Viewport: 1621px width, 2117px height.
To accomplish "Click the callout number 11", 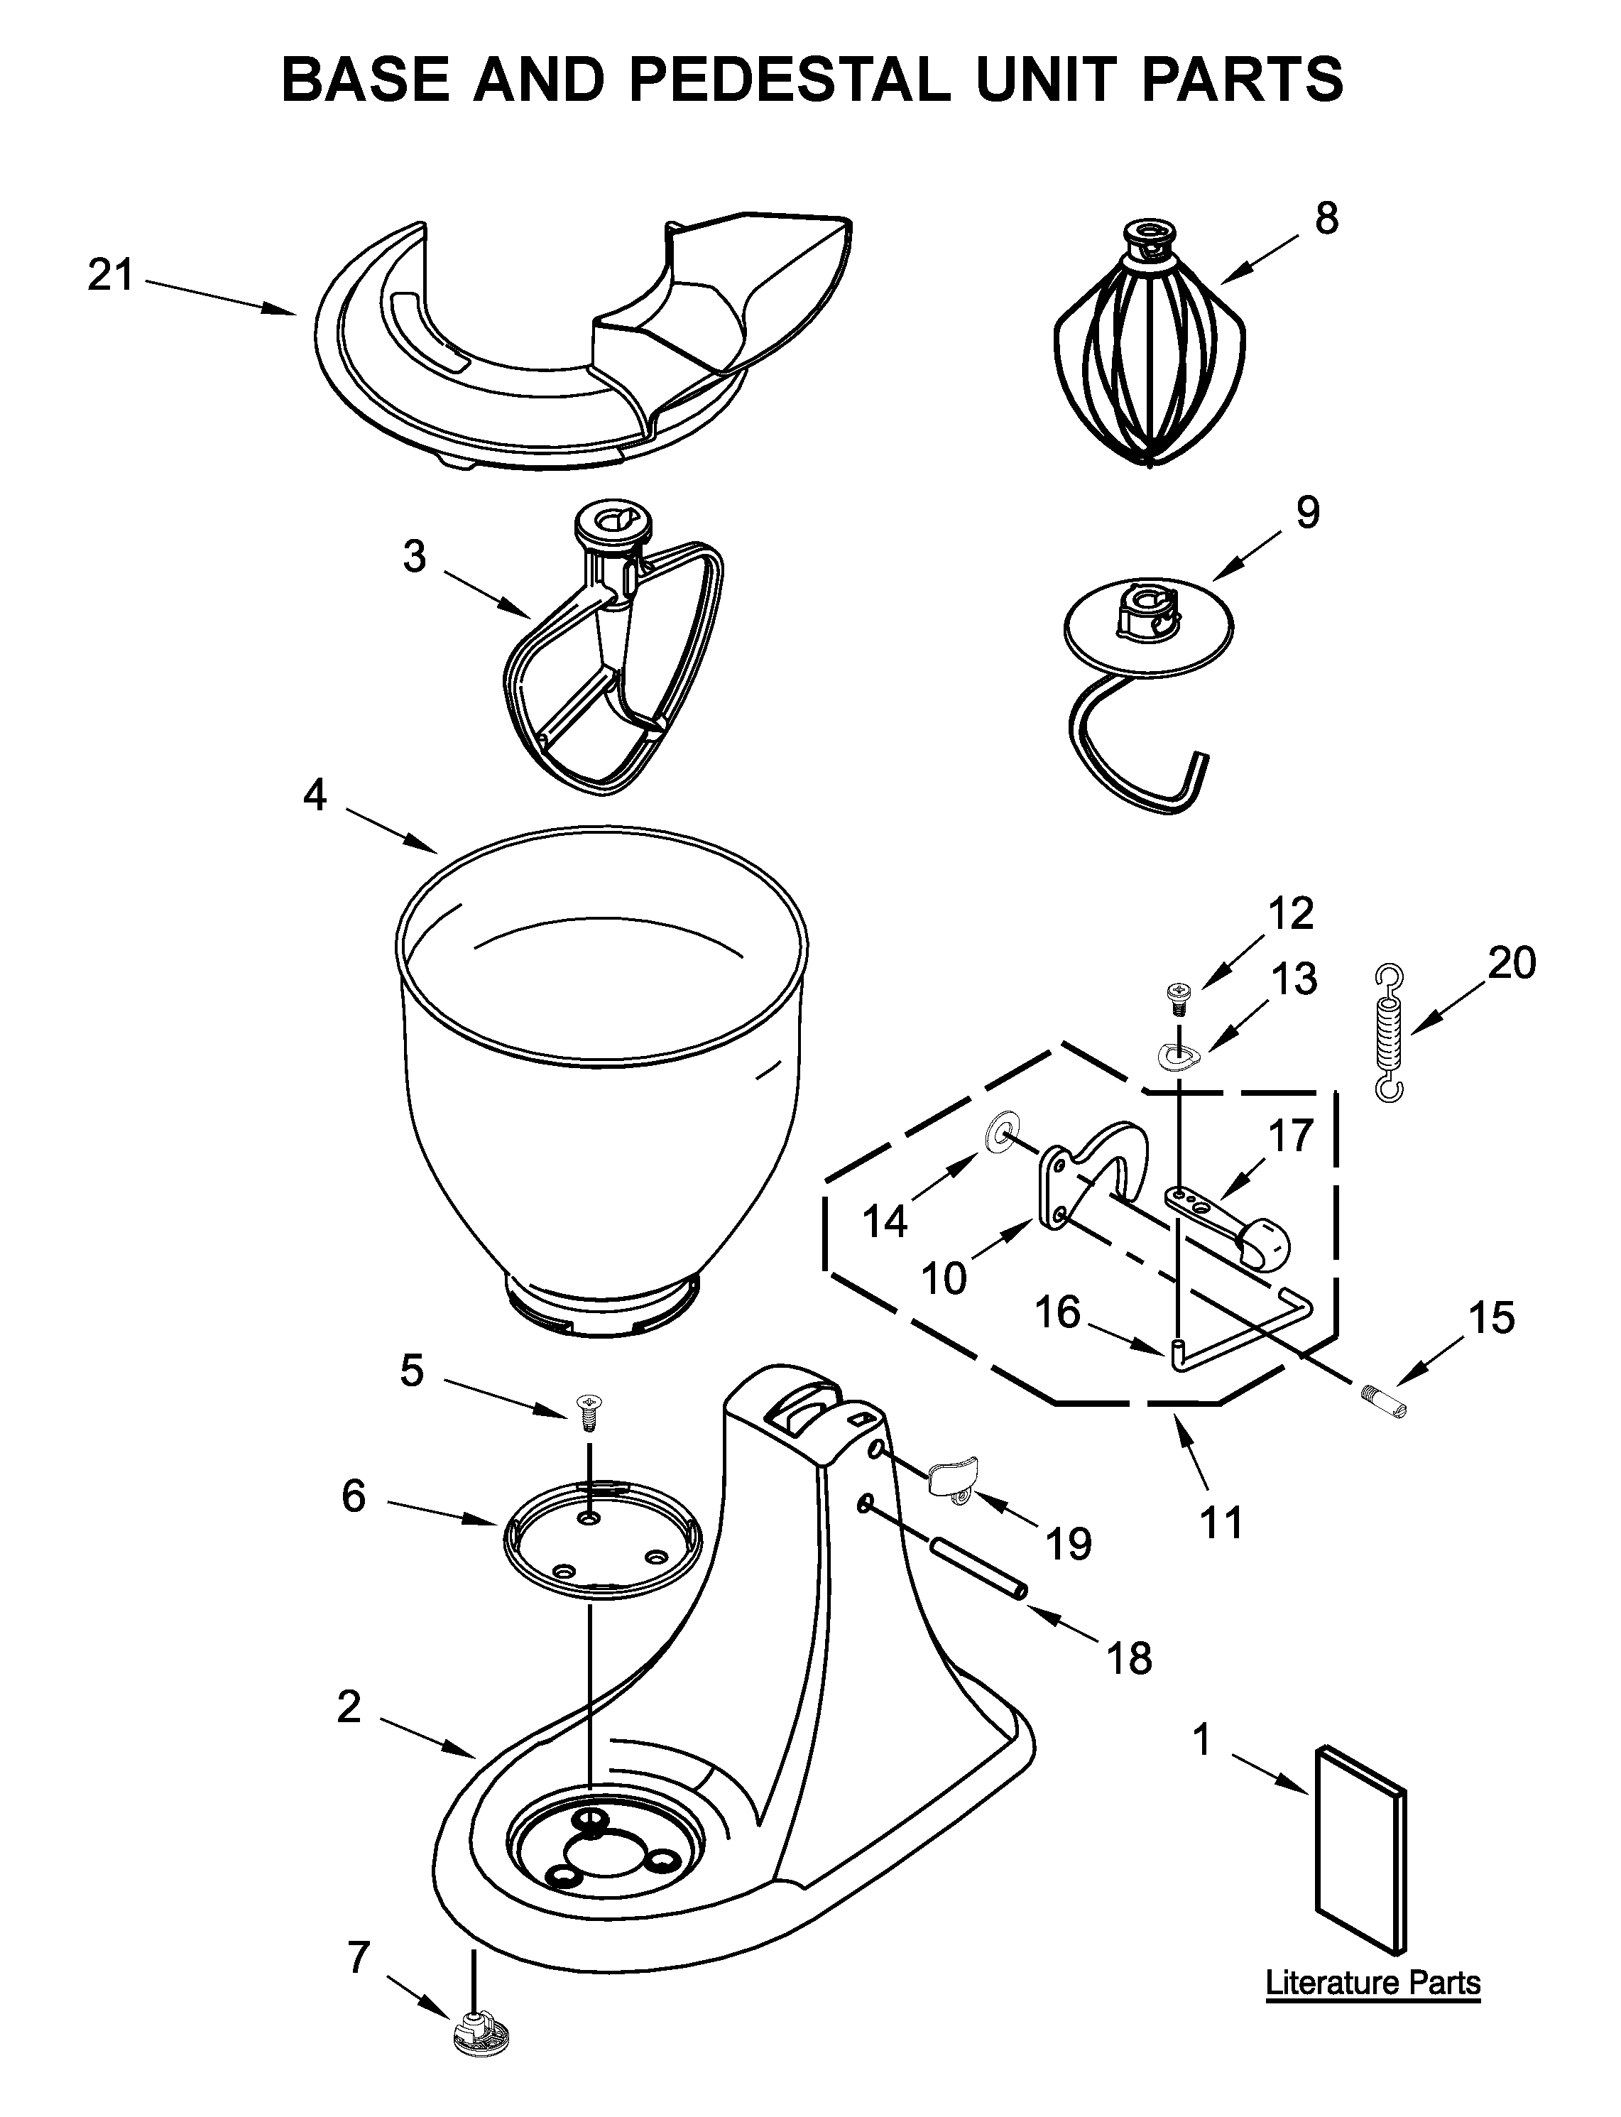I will click(1221, 1523).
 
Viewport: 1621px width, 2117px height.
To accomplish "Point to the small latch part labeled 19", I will click(951, 1477).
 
